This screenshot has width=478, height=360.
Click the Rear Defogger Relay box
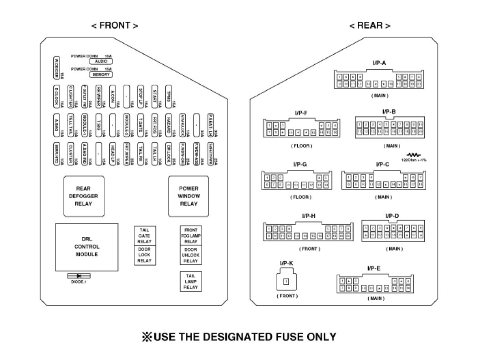(x=84, y=196)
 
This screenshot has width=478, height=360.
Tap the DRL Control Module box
(x=86, y=247)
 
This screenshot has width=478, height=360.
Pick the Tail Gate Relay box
(x=144, y=236)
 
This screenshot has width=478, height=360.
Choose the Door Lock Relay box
(x=144, y=255)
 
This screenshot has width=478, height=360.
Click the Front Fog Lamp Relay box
(x=191, y=236)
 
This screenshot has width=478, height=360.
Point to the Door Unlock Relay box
(x=191, y=255)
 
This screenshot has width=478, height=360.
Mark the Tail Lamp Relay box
(x=191, y=281)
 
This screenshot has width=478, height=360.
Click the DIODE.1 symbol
(x=79, y=276)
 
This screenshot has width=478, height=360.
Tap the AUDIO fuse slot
(x=101, y=62)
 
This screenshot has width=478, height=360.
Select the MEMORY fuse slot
(x=101, y=74)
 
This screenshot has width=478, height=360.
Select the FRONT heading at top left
(x=115, y=26)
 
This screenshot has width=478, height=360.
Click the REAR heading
(x=369, y=26)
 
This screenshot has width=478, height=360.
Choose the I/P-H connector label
(x=308, y=216)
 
